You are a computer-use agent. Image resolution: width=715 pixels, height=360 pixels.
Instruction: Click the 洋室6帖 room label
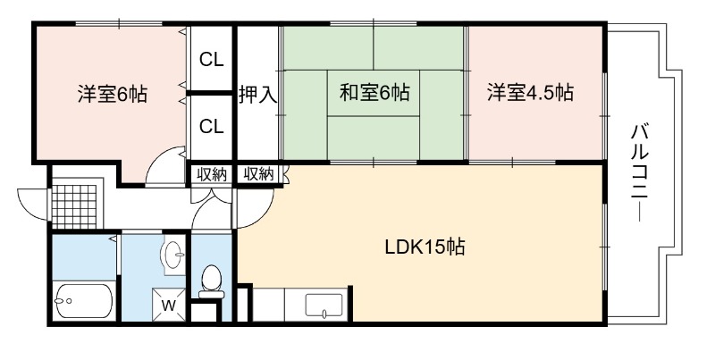point(112,94)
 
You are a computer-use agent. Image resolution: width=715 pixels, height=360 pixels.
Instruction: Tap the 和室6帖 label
point(374,93)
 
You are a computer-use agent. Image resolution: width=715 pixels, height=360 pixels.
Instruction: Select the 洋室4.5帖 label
point(530,93)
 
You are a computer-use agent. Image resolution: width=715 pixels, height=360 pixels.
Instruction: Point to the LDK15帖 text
point(425,247)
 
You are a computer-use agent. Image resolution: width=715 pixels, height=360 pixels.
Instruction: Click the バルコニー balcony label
point(640,172)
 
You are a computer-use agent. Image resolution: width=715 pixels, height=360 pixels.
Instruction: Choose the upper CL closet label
point(212,59)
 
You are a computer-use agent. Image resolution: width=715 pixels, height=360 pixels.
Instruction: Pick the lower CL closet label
point(212,126)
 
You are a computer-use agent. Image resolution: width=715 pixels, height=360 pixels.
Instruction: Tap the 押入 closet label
point(258,95)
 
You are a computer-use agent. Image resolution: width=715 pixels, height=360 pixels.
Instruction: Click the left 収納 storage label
point(212,174)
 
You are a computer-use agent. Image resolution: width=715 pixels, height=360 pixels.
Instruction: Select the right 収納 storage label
point(259,173)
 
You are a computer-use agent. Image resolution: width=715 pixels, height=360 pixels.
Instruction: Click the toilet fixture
point(211,281)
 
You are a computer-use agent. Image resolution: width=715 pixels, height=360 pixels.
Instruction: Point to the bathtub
point(83,301)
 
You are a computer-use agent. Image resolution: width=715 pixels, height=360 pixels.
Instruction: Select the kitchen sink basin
point(324,305)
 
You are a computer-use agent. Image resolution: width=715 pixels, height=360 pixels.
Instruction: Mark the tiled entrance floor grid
point(74,206)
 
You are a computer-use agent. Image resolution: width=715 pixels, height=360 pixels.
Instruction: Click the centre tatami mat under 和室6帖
point(373,93)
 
